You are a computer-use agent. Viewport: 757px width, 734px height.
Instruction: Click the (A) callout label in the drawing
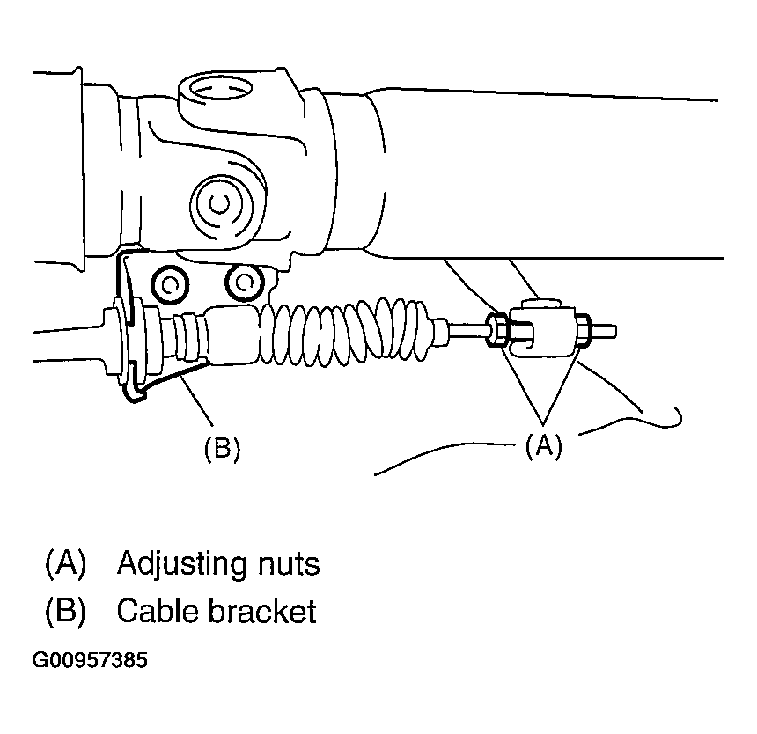point(543,446)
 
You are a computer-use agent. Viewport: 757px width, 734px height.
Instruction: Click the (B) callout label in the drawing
point(222,449)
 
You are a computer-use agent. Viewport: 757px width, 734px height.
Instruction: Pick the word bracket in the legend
point(262,611)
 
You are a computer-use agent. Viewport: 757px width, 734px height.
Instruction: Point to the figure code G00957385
point(91,660)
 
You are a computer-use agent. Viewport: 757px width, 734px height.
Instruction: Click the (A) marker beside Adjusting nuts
point(64,563)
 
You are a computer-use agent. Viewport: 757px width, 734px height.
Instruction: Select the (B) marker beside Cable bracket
point(64,611)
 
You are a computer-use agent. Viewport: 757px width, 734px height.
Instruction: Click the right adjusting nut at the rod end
point(582,330)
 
